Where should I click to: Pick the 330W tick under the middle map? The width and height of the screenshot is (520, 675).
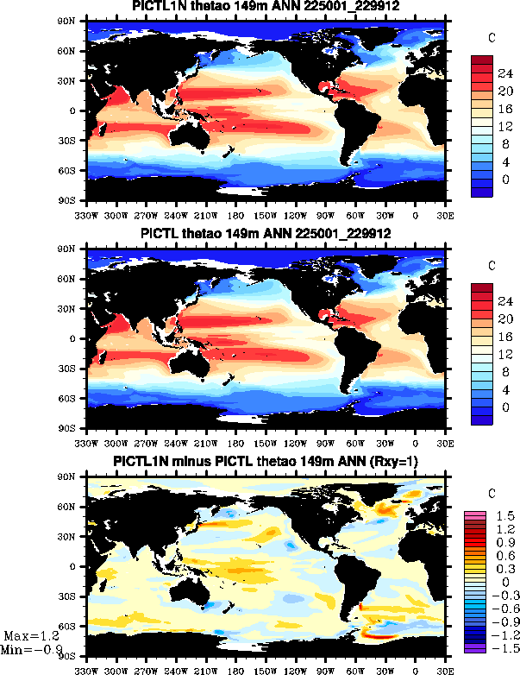87,443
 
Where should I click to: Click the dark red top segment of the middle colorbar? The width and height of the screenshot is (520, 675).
481,288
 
